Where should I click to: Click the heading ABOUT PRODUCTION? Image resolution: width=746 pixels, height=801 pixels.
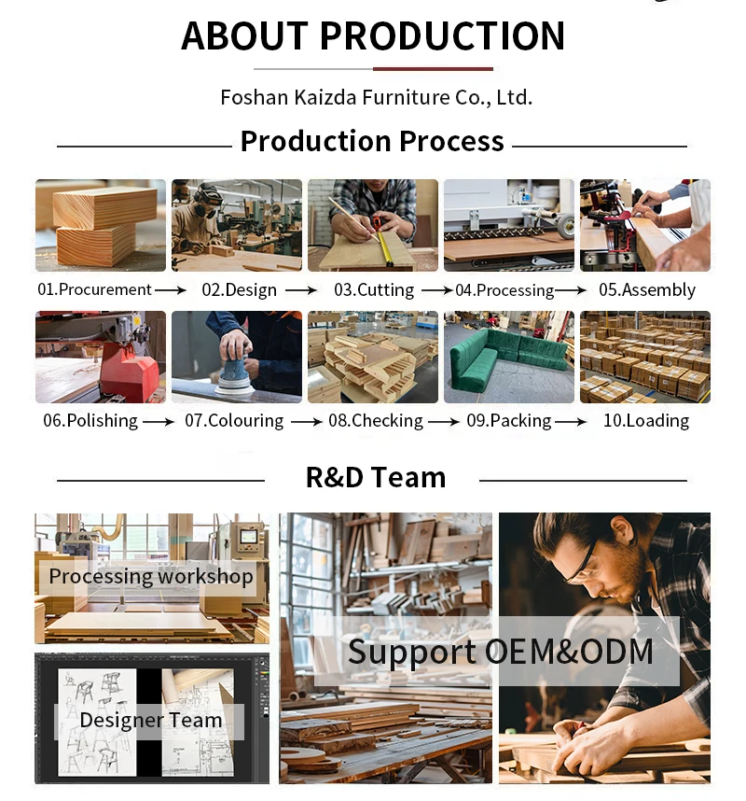[x=373, y=36]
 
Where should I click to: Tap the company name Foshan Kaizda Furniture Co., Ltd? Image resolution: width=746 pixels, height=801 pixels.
[x=376, y=97]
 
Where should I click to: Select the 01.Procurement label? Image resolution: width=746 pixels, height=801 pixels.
[x=94, y=289]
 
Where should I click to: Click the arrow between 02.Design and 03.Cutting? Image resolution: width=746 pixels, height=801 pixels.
[x=301, y=290]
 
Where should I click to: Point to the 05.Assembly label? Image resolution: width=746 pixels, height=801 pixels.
[x=647, y=289]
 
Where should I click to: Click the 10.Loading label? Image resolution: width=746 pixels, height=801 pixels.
[x=646, y=420]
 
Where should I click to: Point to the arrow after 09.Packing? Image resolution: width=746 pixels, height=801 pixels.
[x=571, y=421]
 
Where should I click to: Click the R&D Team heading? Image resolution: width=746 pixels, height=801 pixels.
[x=376, y=478]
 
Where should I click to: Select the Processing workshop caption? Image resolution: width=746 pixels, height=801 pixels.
[x=151, y=577]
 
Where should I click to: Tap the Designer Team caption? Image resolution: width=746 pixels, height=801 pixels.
[x=151, y=721]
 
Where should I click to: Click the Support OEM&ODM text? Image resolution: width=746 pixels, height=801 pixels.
[x=501, y=652]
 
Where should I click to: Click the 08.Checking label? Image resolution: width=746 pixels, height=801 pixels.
[x=376, y=420]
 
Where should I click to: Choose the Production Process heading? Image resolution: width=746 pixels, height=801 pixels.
[x=372, y=142]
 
